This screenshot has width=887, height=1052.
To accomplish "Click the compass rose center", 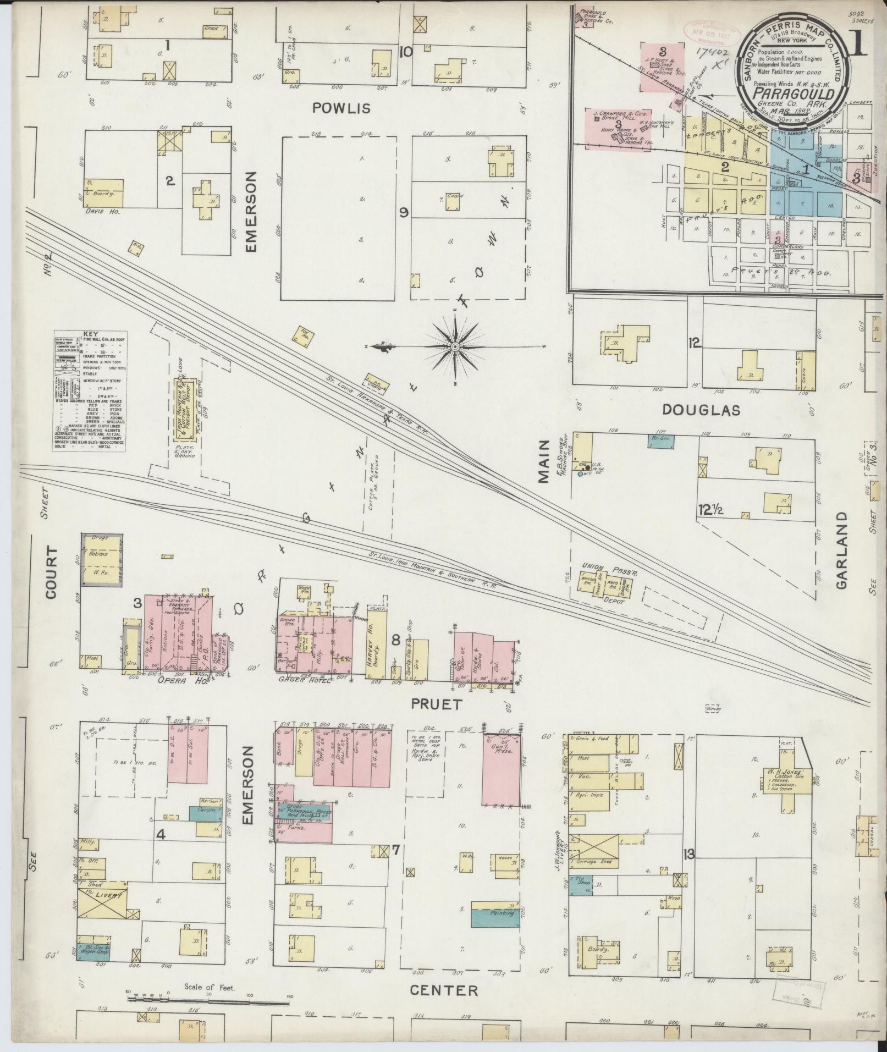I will [455, 347].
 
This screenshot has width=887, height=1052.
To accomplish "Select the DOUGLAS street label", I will [700, 410].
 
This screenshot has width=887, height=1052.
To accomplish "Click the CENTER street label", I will [444, 990].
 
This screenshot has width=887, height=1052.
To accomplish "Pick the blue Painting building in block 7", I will [495, 915].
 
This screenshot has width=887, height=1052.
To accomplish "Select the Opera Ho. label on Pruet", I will [176, 680].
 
